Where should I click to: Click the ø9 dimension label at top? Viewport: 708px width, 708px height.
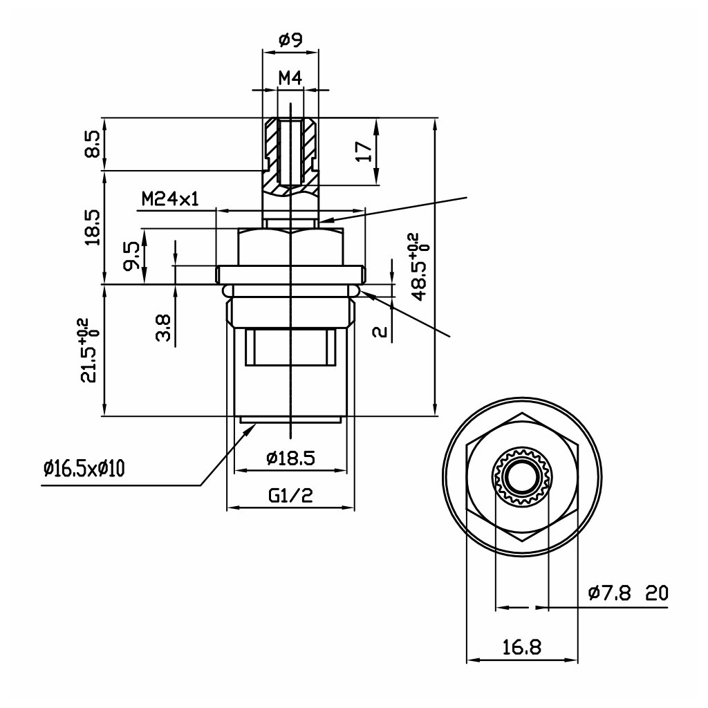click(290, 41)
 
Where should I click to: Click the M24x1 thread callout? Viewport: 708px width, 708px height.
click(170, 200)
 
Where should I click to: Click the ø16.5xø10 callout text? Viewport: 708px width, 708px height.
click(84, 469)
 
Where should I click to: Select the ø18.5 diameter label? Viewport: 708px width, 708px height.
click(290, 458)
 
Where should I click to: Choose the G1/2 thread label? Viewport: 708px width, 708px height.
click(290, 495)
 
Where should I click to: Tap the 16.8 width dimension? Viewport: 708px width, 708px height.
click(522, 647)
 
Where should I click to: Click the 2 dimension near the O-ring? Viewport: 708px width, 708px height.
click(379, 331)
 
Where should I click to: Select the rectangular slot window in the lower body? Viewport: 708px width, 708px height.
click(290, 348)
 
